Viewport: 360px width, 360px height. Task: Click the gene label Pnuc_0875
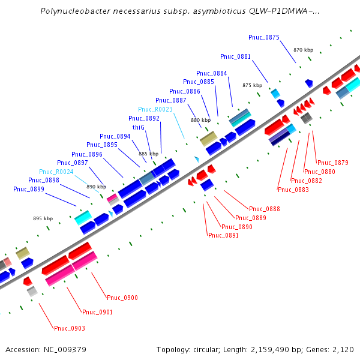click(x=264, y=37)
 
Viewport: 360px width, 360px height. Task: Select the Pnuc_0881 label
click(x=235, y=56)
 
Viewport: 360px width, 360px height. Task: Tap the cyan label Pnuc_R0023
click(x=155, y=109)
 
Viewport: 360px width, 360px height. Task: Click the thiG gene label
click(x=138, y=127)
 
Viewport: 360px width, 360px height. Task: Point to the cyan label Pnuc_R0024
click(x=56, y=172)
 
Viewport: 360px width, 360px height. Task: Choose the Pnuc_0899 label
click(x=29, y=189)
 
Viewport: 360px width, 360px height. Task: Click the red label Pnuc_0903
click(x=70, y=328)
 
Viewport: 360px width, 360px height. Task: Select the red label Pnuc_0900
click(x=122, y=298)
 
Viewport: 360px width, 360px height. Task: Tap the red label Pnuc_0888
click(x=265, y=209)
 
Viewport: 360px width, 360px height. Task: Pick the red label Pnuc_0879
click(x=333, y=163)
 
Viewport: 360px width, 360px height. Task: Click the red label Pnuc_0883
click(x=293, y=190)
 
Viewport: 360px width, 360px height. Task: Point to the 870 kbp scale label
click(x=304, y=50)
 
